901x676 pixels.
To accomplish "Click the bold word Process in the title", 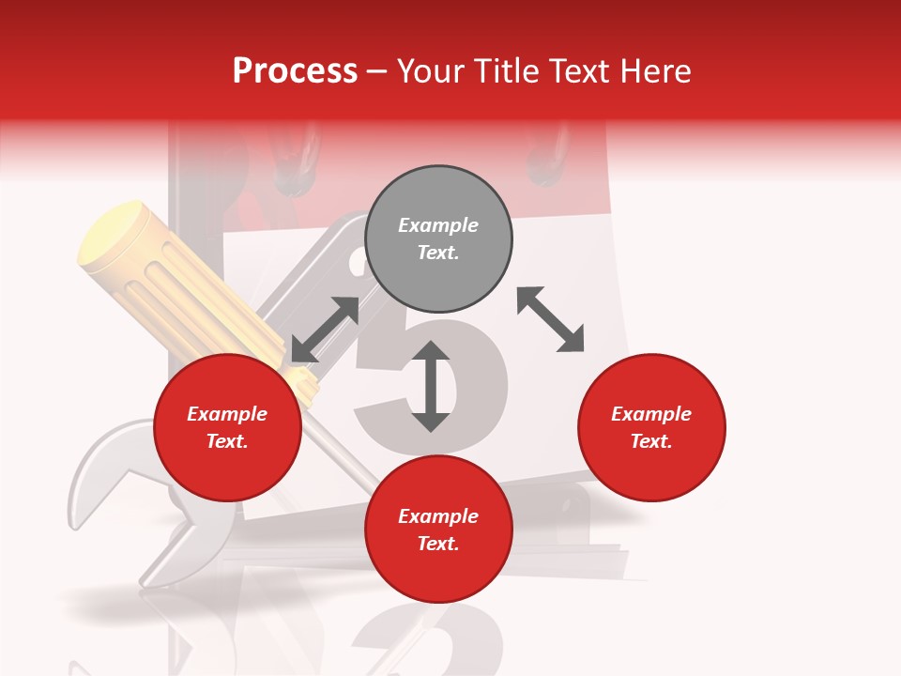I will click(x=295, y=71).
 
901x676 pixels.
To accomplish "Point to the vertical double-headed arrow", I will click(x=431, y=386).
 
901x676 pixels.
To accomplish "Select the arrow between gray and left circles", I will click(x=325, y=330).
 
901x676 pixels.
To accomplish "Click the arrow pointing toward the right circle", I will click(x=550, y=319).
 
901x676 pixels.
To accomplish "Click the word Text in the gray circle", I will click(x=437, y=253).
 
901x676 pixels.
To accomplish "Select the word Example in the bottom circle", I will click(x=438, y=516).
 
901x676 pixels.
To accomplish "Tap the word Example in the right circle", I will click(x=651, y=414).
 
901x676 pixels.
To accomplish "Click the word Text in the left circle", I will click(x=227, y=441).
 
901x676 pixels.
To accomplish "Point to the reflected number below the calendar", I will click(x=413, y=638).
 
